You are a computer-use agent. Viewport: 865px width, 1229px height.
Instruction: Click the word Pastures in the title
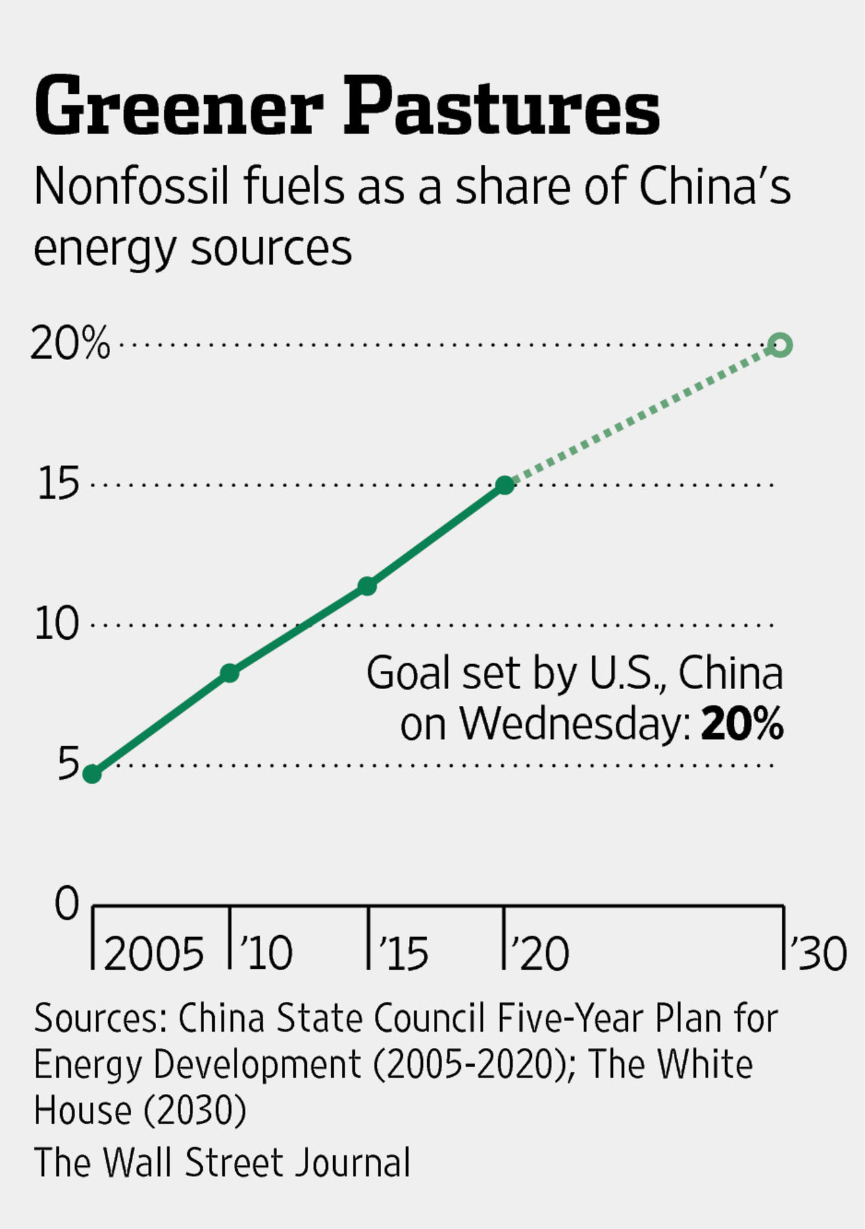501,107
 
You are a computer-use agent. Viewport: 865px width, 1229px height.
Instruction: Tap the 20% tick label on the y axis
70,344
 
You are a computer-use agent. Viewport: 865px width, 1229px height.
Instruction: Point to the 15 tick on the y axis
59,484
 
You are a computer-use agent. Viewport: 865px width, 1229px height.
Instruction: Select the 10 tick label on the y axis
57,624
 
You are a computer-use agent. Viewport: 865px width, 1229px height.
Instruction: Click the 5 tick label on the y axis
68,764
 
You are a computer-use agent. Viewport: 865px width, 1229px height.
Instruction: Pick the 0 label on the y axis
67,903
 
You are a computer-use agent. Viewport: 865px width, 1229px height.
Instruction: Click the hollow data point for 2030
781,345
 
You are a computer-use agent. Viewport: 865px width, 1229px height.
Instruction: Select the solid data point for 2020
505,485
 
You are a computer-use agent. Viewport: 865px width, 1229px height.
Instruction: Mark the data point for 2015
367,586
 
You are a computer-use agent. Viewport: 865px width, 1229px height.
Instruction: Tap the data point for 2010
230,673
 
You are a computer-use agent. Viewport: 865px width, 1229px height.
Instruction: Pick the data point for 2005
93,774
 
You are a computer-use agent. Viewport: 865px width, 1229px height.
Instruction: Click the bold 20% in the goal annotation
742,724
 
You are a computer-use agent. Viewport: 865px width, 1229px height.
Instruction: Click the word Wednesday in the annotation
574,724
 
